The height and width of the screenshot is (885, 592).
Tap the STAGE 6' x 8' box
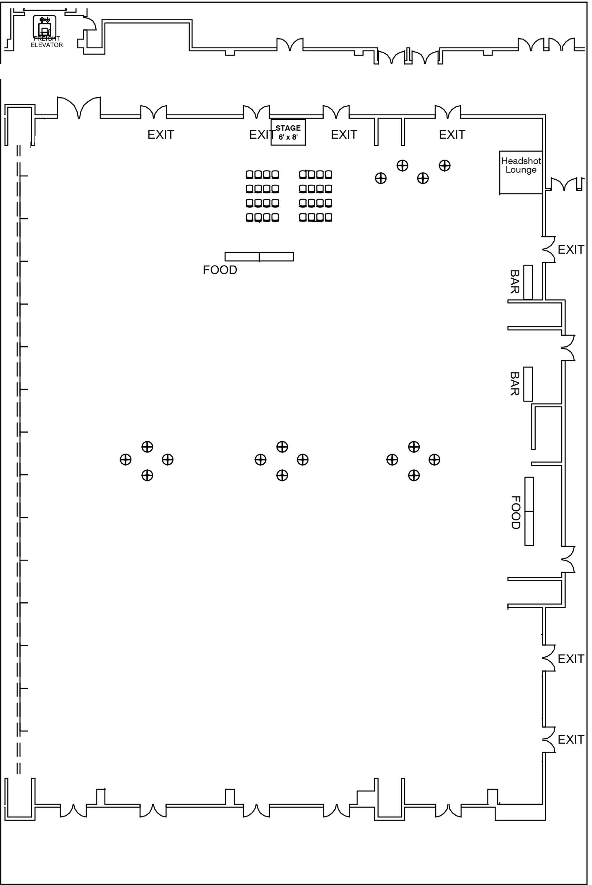[x=288, y=132]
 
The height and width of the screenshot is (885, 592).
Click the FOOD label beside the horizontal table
[x=220, y=270]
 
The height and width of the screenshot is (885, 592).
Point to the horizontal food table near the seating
[x=259, y=257]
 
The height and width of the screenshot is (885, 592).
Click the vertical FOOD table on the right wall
[x=529, y=511]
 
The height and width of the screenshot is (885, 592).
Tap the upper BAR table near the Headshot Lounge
[x=528, y=282]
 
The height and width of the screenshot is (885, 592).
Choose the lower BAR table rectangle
[x=528, y=384]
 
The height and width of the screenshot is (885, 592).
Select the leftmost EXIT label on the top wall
[x=161, y=135]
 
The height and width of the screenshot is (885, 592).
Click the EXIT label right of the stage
[x=344, y=135]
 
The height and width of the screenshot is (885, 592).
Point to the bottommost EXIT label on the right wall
[x=571, y=740]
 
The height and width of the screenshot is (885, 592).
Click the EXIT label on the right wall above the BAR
[x=571, y=250]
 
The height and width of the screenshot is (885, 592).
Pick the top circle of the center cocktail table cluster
[x=282, y=447]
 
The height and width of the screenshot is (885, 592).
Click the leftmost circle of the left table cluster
[x=126, y=460]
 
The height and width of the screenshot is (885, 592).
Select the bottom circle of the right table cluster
[x=414, y=476]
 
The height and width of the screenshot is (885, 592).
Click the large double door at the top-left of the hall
[x=79, y=108]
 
